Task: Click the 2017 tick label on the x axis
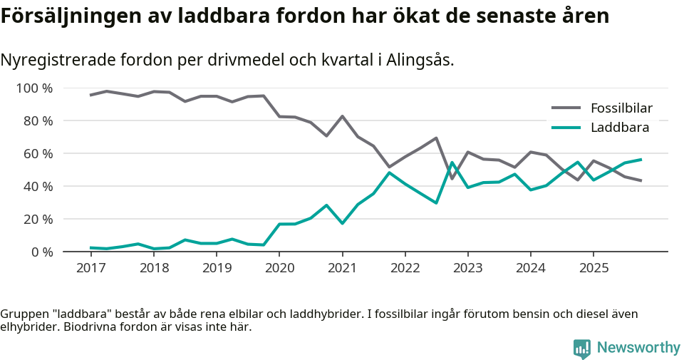90,268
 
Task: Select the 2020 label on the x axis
279,268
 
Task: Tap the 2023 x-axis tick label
467,268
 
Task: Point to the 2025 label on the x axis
593,268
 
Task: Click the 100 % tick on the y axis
35,88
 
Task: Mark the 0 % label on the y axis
42,252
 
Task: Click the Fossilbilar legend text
621,108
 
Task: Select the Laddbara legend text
619,128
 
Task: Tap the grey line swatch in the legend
566,108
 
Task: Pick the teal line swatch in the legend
566,128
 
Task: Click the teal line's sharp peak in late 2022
452,163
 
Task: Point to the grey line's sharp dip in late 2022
452,178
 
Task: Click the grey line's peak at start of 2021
342,116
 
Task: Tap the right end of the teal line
641,159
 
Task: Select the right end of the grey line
641,181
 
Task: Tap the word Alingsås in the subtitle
420,60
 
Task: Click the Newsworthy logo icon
581,348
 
